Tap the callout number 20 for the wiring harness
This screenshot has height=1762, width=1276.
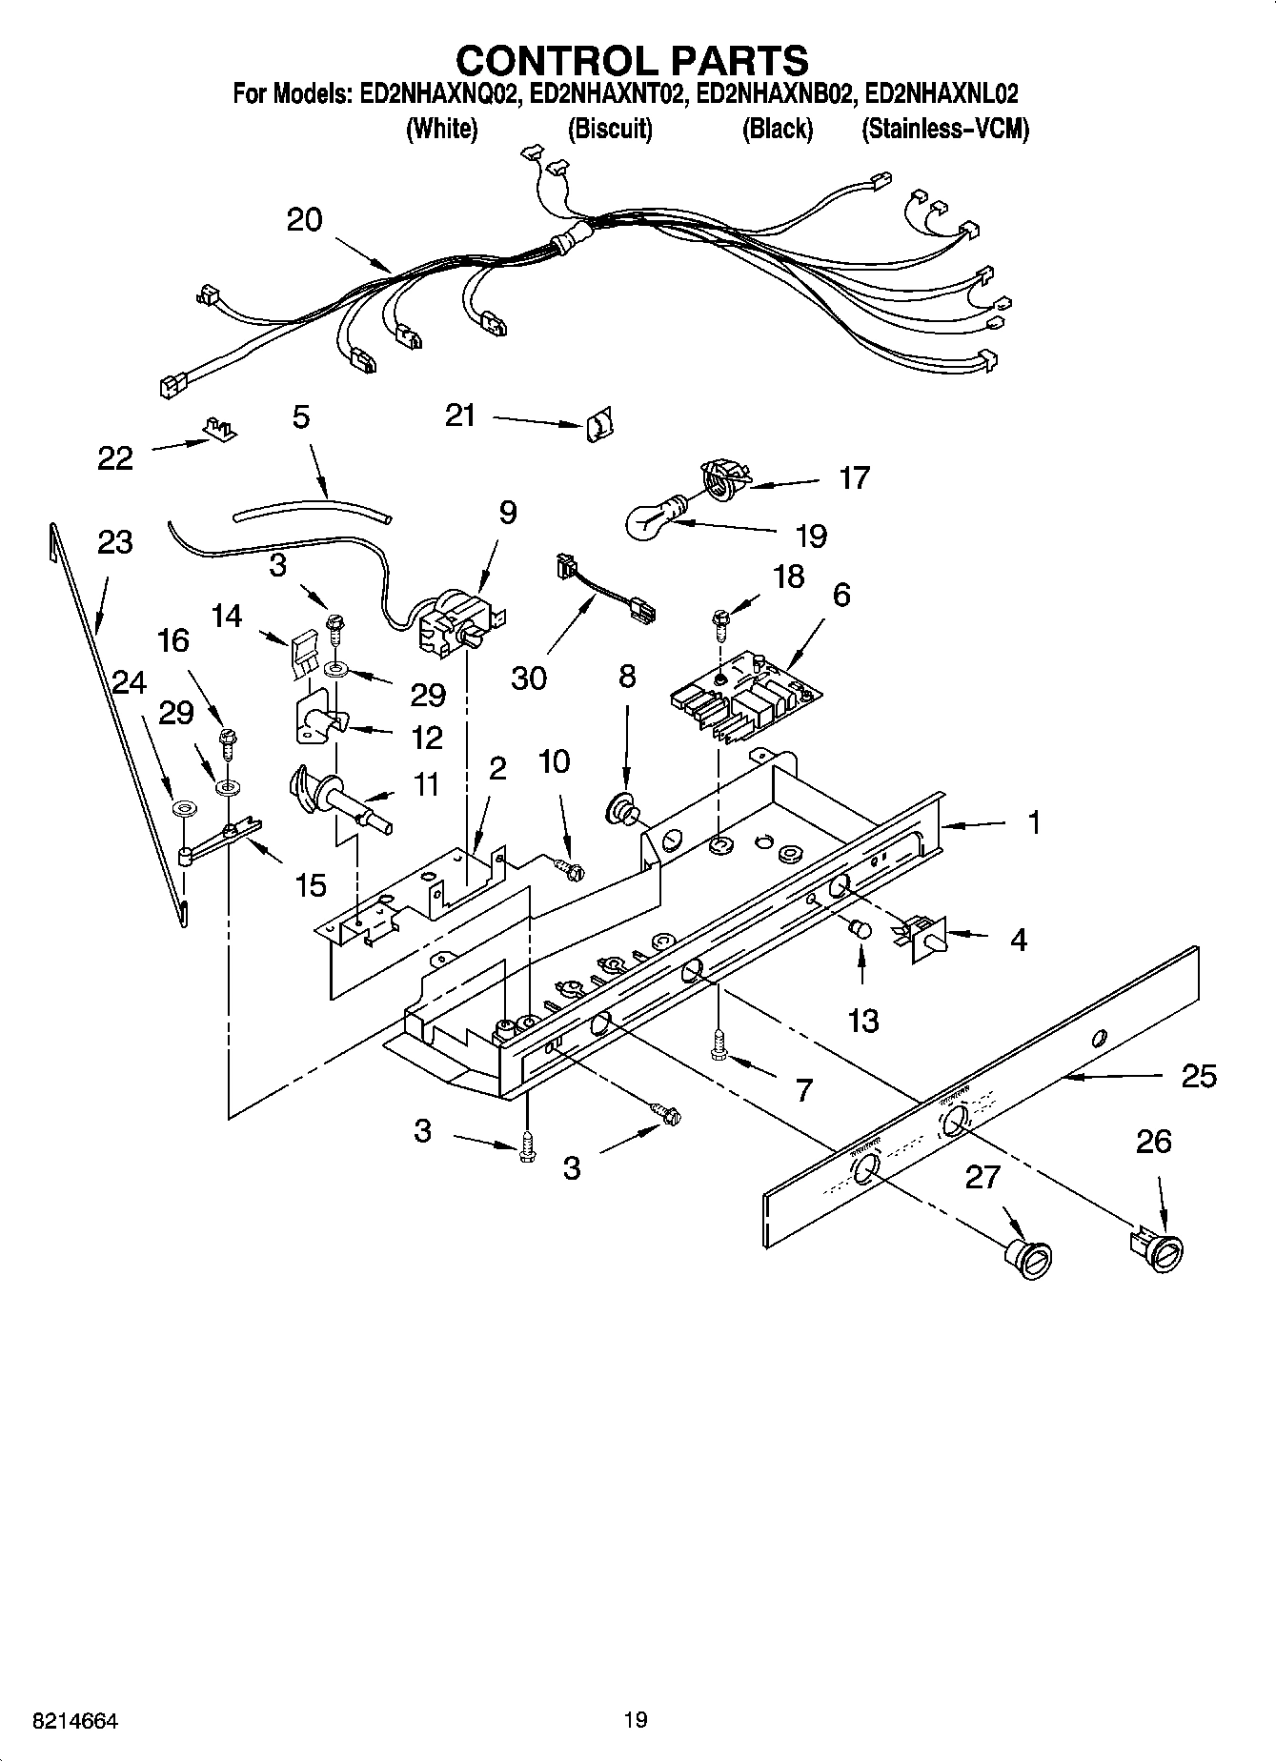[x=304, y=220]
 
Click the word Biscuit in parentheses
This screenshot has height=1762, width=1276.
[x=610, y=129]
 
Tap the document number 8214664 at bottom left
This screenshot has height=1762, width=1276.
[x=63, y=1720]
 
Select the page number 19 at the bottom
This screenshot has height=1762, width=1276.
[x=636, y=1720]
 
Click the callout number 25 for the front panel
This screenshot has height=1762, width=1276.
[x=1199, y=1076]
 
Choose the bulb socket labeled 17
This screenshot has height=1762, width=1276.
[x=724, y=476]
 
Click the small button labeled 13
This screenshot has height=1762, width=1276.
[x=860, y=928]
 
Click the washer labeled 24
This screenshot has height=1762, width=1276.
[x=182, y=809]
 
